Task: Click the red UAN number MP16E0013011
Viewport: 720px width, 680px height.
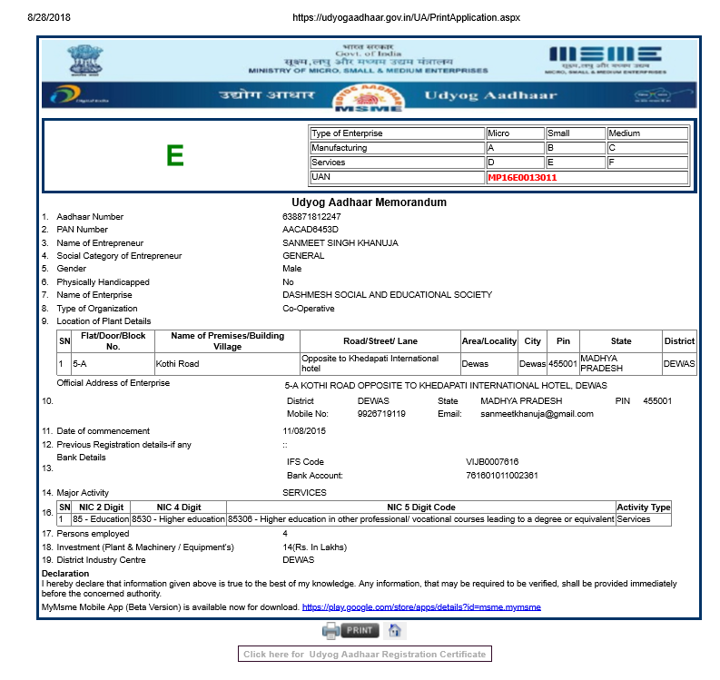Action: [522, 177]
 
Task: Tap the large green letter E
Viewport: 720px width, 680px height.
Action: [175, 156]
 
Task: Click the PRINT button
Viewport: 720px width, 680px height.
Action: [350, 630]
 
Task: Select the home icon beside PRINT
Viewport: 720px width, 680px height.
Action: [394, 630]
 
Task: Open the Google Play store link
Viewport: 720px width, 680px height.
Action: [421, 606]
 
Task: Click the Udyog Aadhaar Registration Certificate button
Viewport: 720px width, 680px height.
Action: [365, 654]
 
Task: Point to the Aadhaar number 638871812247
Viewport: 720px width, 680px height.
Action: [311, 217]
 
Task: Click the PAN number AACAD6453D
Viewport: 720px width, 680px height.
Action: [310, 230]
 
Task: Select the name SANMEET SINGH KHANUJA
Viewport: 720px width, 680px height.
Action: [340, 243]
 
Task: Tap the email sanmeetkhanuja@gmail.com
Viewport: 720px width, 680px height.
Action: [537, 414]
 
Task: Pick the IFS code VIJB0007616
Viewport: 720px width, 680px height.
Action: [492, 462]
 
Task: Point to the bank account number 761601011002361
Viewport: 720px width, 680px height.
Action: [501, 475]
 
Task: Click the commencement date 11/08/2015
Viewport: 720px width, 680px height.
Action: [303, 430]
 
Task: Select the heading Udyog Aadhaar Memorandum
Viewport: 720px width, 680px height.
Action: [369, 202]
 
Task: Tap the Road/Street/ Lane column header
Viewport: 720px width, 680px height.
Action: [380, 341]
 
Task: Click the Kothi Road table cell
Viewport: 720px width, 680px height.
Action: [178, 364]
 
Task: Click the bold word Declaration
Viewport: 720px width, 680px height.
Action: [65, 574]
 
